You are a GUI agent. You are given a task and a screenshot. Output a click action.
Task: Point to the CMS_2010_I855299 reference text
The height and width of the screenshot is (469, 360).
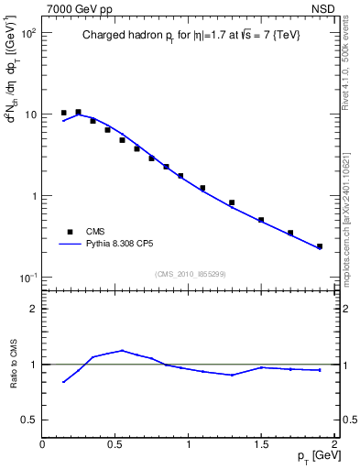190,274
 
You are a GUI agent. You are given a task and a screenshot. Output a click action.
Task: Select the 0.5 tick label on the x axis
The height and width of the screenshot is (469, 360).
115,444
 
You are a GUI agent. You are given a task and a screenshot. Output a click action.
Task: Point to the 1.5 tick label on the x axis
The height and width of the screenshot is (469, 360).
262,444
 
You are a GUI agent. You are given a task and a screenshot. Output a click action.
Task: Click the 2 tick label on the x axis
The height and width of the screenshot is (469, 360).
335,444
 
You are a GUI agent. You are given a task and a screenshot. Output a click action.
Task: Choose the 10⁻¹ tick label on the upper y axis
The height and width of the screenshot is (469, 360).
28,278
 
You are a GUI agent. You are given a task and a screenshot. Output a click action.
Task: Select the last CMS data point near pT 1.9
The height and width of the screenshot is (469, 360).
320,246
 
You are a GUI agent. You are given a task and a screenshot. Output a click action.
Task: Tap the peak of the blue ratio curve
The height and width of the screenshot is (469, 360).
123,350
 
